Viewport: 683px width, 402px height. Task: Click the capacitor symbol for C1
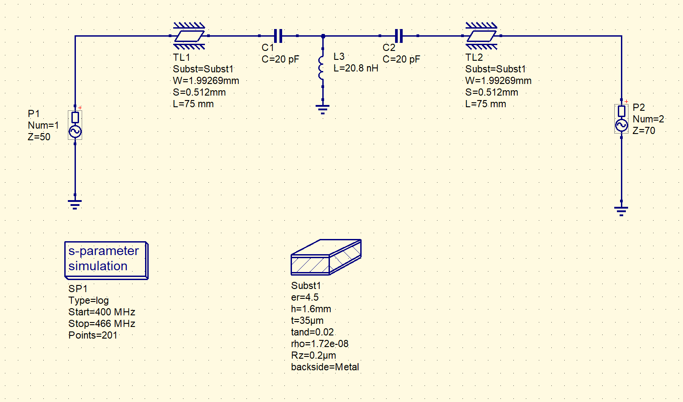278,36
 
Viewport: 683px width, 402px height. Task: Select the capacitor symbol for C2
399,36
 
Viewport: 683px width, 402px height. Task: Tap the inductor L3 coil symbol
322,67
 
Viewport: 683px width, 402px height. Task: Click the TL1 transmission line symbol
189,36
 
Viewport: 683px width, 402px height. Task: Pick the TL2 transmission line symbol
482,36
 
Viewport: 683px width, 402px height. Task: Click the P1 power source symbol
75,125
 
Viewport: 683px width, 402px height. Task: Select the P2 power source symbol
621,119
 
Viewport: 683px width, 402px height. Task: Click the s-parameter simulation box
106,260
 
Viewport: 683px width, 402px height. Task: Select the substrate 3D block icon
326,257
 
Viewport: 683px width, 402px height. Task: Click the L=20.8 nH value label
356,68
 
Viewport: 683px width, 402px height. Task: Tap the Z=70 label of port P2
644,130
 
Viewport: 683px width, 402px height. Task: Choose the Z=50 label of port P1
39,137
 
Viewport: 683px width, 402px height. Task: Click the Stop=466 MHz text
102,324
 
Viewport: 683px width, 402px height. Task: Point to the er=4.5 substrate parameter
304,297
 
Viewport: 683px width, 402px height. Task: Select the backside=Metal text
325,367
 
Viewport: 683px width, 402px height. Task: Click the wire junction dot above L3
323,36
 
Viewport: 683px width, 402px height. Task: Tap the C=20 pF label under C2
401,59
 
